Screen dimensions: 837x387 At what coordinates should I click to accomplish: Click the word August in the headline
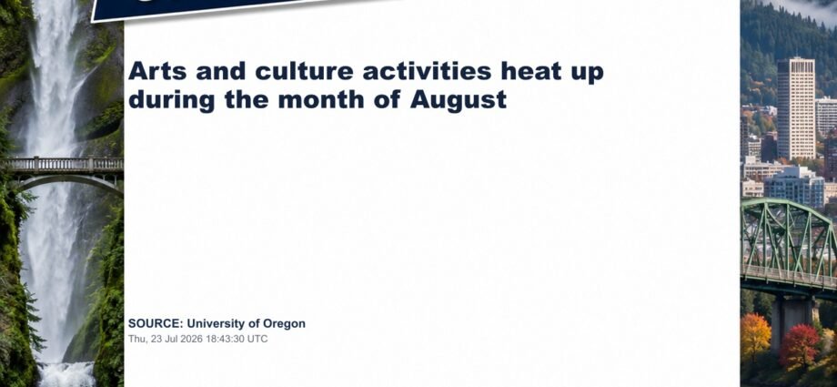pos(458,100)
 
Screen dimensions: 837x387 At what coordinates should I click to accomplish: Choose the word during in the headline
pos(171,100)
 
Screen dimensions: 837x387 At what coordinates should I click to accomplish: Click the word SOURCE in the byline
pos(156,323)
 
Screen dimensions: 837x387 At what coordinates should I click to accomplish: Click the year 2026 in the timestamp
pos(187,339)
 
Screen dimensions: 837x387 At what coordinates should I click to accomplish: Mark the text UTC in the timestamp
pos(257,339)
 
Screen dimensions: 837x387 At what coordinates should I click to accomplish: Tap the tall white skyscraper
pos(795,108)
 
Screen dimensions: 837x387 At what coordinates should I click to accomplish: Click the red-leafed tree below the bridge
pos(799,346)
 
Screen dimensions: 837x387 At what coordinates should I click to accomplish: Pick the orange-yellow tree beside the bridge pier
pos(755,337)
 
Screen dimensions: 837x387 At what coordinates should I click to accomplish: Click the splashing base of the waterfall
pos(67,374)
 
